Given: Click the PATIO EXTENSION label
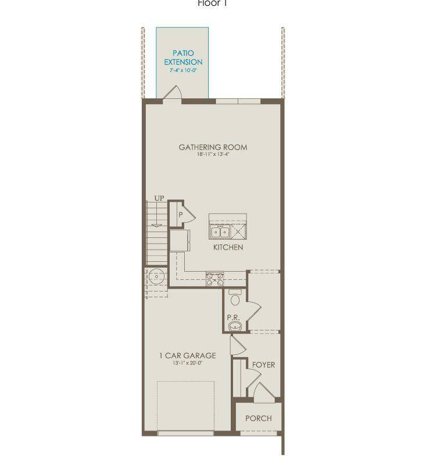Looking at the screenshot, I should (183, 58).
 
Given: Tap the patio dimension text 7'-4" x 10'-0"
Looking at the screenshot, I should (183, 70).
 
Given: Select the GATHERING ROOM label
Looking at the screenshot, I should (213, 147).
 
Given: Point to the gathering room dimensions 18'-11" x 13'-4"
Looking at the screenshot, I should (213, 155).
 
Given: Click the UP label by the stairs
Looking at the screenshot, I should (159, 199).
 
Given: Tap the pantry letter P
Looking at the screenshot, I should (181, 215).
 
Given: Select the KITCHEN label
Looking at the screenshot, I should (228, 247).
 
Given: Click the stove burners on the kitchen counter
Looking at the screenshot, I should (215, 279).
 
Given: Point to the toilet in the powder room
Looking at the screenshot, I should (235, 298).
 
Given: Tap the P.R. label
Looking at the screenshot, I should (233, 318).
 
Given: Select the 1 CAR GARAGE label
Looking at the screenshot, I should (187, 355).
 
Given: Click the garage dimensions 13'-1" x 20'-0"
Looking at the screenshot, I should (187, 363).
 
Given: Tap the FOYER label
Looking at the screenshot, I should (263, 365).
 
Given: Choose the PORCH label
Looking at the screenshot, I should (258, 418).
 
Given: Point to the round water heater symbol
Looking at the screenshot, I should (156, 276).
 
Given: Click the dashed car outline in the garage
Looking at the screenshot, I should (186, 406).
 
